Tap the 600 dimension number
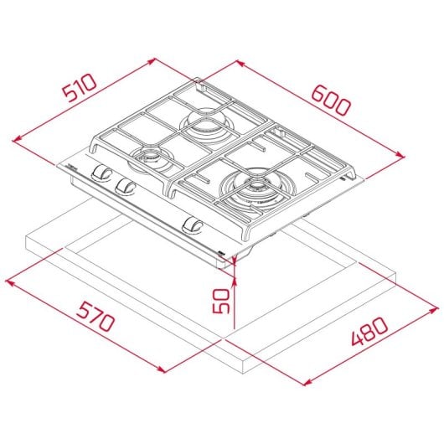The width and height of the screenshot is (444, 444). pyautogui.click(x=333, y=99)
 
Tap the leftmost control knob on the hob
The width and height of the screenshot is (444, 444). pyautogui.click(x=101, y=173)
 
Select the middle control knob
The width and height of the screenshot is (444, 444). pyautogui.click(x=126, y=185)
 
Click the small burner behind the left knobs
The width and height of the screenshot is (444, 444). pyautogui.click(x=150, y=155)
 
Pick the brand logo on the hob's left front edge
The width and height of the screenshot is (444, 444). pyautogui.click(x=71, y=168)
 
